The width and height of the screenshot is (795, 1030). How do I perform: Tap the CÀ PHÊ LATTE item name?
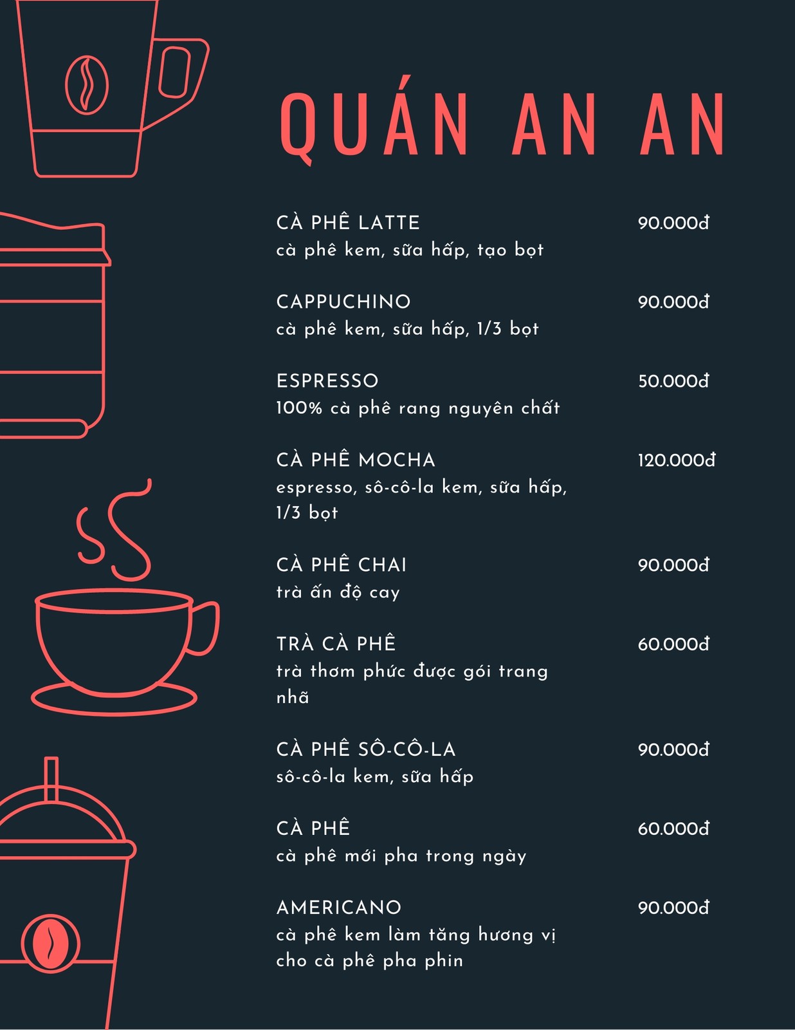click(x=348, y=222)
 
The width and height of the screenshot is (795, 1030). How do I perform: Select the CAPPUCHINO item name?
click(x=343, y=302)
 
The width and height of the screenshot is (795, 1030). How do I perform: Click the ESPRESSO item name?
click(x=327, y=381)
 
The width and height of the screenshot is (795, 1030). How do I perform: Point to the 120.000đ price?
click(x=677, y=460)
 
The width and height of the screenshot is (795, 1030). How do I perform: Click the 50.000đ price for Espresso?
click(x=674, y=381)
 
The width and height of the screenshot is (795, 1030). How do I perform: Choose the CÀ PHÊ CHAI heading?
click(x=342, y=565)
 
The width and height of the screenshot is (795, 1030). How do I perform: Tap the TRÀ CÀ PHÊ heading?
click(x=336, y=643)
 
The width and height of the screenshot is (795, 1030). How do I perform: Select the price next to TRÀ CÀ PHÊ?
click(x=674, y=644)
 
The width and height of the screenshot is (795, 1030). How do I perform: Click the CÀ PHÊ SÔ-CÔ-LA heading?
click(x=366, y=749)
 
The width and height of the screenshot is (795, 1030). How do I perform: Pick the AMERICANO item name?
click(x=339, y=908)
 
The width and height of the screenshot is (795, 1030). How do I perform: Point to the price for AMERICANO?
click(x=674, y=908)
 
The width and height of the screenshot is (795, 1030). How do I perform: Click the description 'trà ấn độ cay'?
click(x=338, y=592)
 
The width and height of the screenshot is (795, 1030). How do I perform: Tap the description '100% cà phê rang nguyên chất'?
click(x=418, y=408)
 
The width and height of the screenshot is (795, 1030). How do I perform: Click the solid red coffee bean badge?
click(x=50, y=943)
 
